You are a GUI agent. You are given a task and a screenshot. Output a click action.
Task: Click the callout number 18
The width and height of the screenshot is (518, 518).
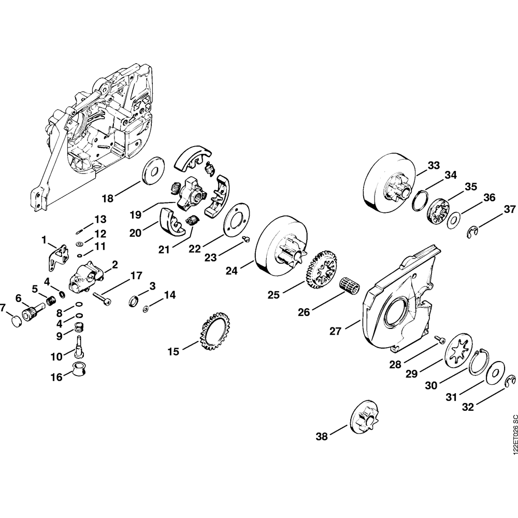(x=107, y=198)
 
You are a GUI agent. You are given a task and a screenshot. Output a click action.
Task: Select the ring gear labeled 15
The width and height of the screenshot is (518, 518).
(x=213, y=332)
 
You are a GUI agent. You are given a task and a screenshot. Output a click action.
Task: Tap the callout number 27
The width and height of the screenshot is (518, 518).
(x=337, y=330)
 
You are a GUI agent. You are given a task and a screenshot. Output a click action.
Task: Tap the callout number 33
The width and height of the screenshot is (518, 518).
(x=434, y=166)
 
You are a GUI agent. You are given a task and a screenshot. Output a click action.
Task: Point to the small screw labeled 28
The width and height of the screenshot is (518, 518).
(x=439, y=339)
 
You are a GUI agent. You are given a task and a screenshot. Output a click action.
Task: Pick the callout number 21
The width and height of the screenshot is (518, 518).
(x=164, y=250)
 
